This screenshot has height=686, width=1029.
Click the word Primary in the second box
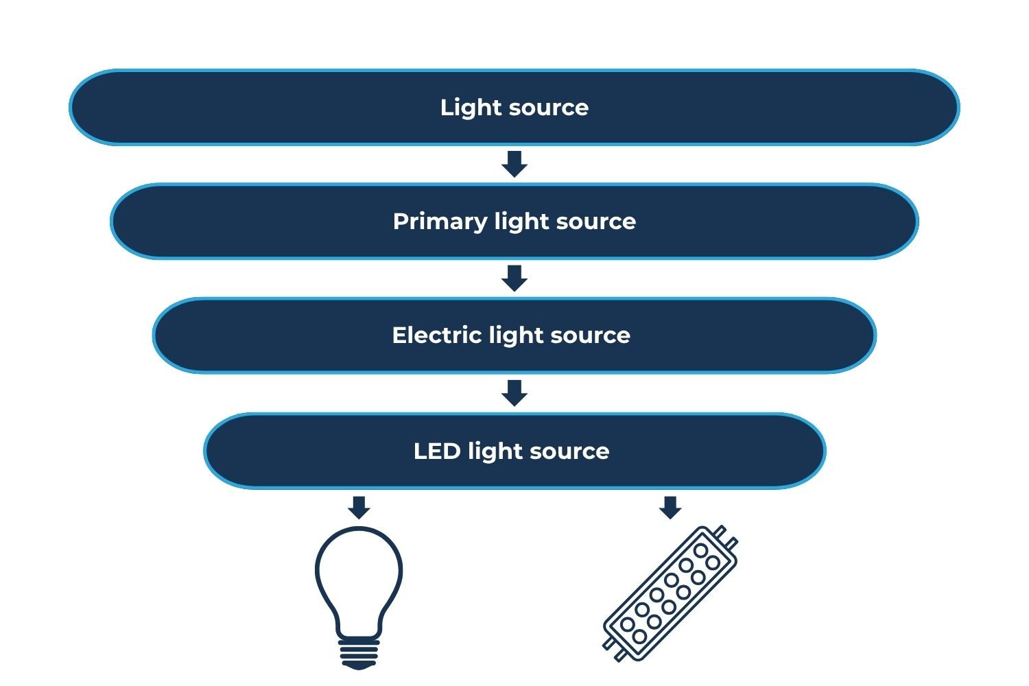(x=439, y=222)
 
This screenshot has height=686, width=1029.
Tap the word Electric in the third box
(x=436, y=335)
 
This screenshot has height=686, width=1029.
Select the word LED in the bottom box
(x=437, y=451)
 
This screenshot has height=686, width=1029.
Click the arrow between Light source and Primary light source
(x=514, y=164)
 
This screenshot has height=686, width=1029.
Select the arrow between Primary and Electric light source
(x=514, y=278)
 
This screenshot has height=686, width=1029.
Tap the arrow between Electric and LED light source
(x=514, y=392)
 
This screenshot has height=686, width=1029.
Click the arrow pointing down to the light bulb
(x=359, y=507)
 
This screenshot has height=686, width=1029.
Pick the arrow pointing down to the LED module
(x=670, y=507)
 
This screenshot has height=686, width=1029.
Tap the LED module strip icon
(x=670, y=593)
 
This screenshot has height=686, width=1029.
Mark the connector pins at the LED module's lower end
(x=613, y=650)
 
